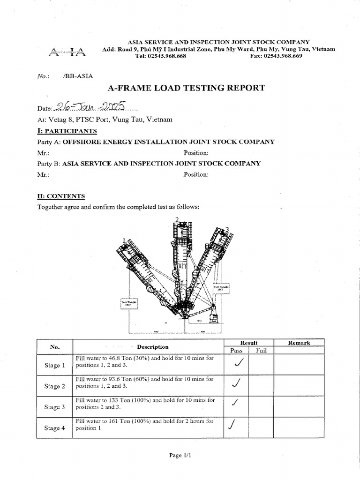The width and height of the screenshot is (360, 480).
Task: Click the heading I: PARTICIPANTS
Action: click(67, 131)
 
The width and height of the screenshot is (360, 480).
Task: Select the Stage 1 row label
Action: click(54, 366)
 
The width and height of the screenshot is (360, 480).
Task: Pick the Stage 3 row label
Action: click(54, 407)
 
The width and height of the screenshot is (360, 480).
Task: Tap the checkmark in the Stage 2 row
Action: click(237, 383)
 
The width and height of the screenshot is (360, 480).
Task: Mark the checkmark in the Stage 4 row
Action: click(231, 425)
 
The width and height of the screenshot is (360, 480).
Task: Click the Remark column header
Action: click(299, 343)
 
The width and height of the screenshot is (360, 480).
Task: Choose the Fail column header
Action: click(261, 350)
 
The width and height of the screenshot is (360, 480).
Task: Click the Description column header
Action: click(153, 347)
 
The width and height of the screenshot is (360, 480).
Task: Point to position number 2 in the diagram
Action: click(177, 219)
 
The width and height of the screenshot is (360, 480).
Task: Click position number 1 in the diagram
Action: click(124, 240)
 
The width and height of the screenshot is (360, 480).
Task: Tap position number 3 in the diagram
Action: click(227, 229)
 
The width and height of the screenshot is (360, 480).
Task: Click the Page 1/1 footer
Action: click(180, 455)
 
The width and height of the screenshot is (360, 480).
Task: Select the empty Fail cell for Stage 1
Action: click(261, 365)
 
